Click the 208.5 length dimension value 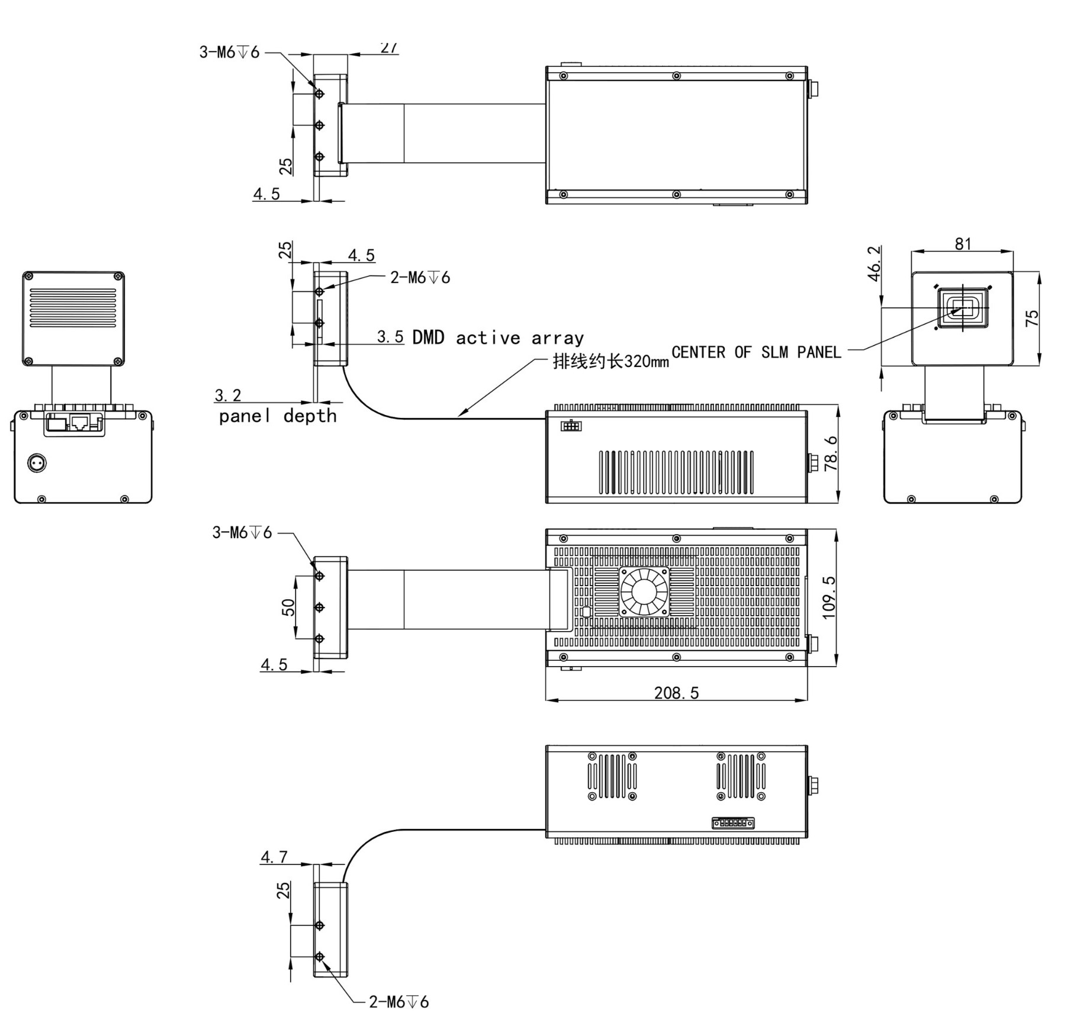(x=676, y=692)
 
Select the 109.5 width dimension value (x=829, y=597)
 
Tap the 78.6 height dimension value (x=831, y=454)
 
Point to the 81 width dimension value (x=963, y=243)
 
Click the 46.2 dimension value (x=873, y=263)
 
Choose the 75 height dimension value (x=1031, y=317)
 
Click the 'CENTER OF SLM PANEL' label (x=756, y=352)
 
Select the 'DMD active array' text (x=498, y=337)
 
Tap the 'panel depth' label (x=278, y=416)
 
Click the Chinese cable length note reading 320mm (x=610, y=361)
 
